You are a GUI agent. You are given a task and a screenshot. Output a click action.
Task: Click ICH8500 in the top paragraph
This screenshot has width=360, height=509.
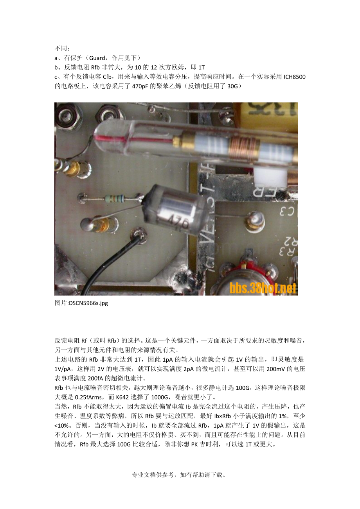click(x=294, y=77)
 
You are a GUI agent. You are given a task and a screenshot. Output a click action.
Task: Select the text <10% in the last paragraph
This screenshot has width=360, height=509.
click(x=62, y=425)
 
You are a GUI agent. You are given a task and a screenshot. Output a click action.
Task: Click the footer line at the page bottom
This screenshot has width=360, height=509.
click(x=180, y=475)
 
